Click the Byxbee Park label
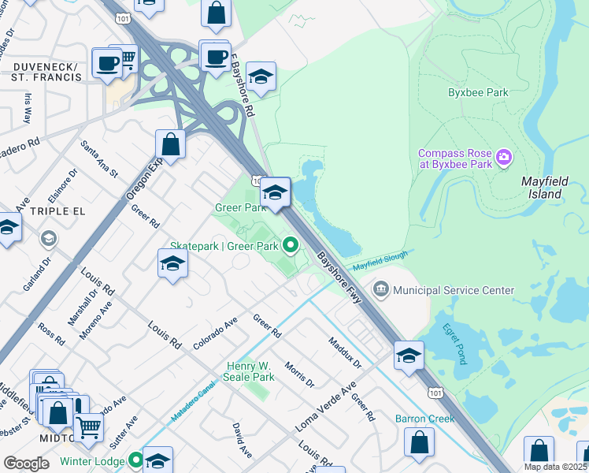click(478, 92)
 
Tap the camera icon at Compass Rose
click(505, 158)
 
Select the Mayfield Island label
click(545, 187)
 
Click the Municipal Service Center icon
click(381, 290)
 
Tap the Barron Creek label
click(424, 419)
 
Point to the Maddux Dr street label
click(344, 353)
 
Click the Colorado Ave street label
click(215, 333)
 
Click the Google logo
click(26, 464)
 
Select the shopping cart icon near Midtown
click(89, 426)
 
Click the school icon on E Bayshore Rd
click(261, 77)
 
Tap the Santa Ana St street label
click(99, 158)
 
